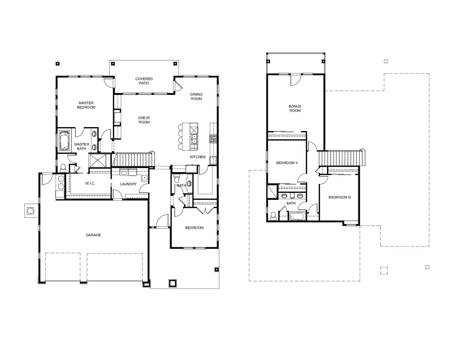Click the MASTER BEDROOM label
click(86, 105)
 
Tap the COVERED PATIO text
click(144, 81)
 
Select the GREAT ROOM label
click(144, 120)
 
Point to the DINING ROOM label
click(196, 97)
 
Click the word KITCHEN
click(198, 157)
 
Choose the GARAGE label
click(93, 235)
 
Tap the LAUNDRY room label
click(128, 184)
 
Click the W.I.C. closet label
click(90, 184)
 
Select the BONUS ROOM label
click(295, 109)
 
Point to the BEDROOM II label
click(287, 163)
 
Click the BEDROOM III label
click(340, 197)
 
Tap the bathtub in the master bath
click(64, 140)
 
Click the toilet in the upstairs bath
click(273, 216)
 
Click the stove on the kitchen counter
click(213, 139)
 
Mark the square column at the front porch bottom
click(173, 283)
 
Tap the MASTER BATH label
click(82, 147)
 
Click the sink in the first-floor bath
click(189, 183)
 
